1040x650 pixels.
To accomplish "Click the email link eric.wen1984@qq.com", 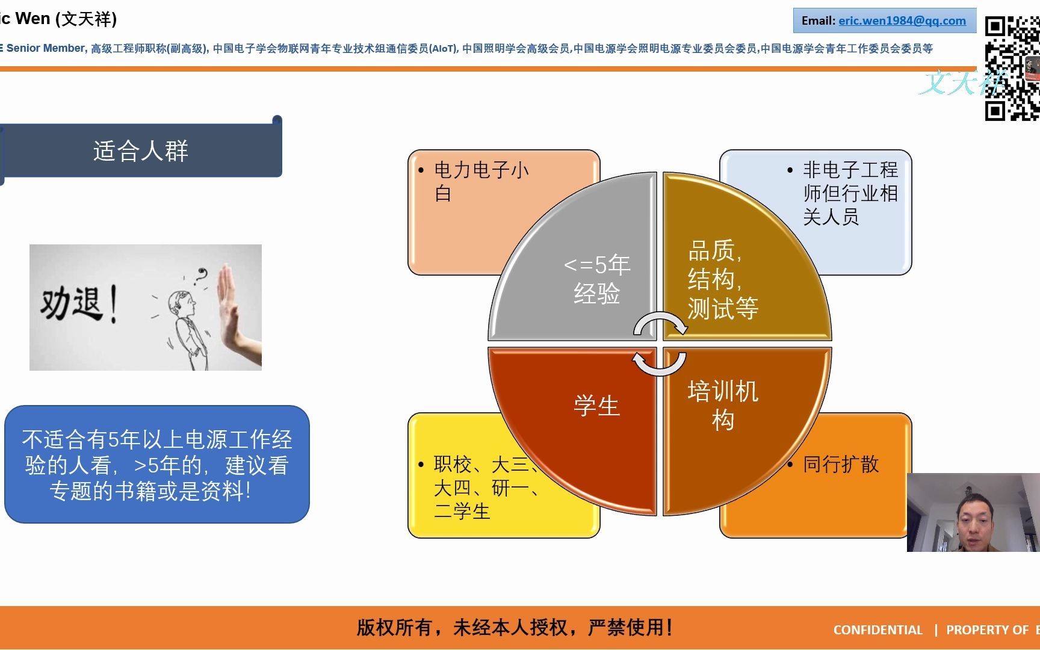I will point(902,21).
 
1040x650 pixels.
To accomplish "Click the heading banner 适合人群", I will point(141,150).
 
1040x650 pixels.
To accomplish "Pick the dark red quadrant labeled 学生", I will point(596,406).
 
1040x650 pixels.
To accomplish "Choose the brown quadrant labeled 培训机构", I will point(722,406).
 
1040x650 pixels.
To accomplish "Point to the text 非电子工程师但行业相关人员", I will point(849,193).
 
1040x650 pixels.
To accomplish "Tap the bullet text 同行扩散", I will point(841,464).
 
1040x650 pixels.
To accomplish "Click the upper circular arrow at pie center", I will point(660,324).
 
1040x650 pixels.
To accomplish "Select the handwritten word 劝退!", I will point(78,304).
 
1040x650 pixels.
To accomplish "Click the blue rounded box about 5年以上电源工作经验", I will point(156,465).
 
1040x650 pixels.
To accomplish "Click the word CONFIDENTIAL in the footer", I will point(877,630).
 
